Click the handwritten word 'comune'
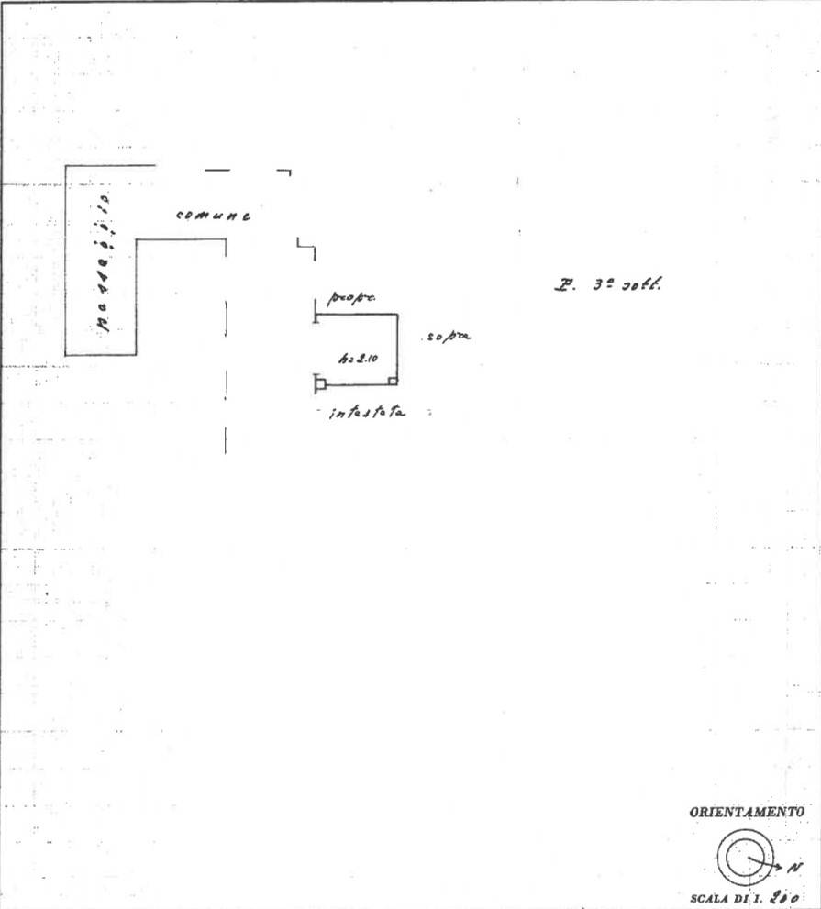click(212, 216)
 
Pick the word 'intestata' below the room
click(367, 414)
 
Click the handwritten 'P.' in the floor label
click(563, 285)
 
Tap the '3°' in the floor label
click(602, 284)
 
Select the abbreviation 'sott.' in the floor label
click(642, 284)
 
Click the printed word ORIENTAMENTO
click(747, 812)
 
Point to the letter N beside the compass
click(794, 867)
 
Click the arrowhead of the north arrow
click(776, 865)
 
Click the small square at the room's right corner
click(393, 381)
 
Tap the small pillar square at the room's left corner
click(320, 382)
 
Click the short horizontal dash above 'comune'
click(217, 170)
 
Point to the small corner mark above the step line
click(284, 172)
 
